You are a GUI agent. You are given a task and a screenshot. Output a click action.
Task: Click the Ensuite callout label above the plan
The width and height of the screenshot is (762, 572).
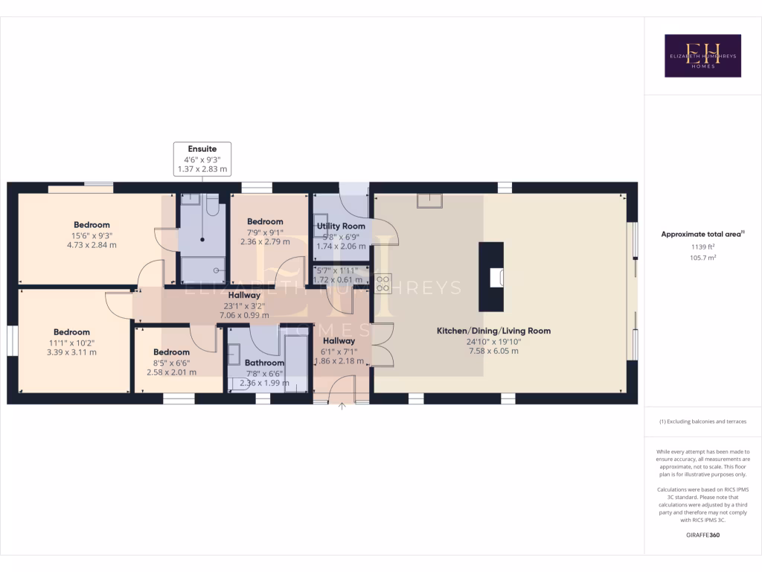point(202,149)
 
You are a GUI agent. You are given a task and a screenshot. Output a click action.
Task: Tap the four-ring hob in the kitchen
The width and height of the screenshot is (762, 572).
point(384,283)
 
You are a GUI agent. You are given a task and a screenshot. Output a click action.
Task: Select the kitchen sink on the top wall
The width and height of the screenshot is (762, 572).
point(429,200)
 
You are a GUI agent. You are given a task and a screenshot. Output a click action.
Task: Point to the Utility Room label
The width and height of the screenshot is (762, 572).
point(341,226)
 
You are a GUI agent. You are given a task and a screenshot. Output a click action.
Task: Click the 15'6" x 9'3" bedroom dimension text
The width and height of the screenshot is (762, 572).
point(92,235)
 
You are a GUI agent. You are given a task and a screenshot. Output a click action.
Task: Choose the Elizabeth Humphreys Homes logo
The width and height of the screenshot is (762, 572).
point(702,56)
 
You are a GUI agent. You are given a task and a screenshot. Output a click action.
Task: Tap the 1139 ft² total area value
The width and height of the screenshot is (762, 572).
point(702,248)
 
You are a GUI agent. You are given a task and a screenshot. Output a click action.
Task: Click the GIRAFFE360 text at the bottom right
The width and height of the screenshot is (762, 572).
point(702,535)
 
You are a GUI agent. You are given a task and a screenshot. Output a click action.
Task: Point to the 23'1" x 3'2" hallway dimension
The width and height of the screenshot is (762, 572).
point(244,305)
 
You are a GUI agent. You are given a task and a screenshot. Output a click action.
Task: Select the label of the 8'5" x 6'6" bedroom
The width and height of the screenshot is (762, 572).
point(171,352)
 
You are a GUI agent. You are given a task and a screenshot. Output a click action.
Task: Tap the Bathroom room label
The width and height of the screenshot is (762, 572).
point(264,363)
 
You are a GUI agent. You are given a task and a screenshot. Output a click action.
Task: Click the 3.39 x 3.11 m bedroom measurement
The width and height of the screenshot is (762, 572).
point(71,352)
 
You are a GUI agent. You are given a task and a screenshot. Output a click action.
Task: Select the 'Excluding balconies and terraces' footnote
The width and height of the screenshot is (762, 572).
point(702,422)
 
